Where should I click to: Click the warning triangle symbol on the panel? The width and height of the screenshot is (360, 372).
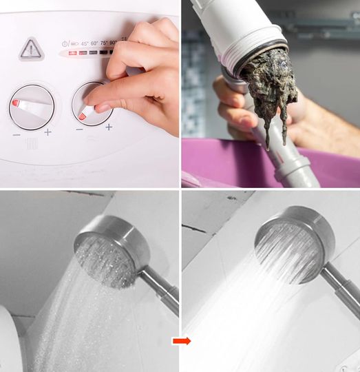pos(30,48)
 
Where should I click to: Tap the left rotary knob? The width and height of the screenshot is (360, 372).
pos(31,105)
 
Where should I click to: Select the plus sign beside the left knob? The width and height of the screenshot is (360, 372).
pos(47,132)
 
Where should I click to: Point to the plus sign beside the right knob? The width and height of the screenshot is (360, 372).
pos(108,127)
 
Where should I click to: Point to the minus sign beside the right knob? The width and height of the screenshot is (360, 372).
pos(80,129)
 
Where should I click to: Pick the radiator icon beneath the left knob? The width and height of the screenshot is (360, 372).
pos(32,145)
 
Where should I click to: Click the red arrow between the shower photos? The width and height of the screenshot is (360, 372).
pos(182,340)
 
